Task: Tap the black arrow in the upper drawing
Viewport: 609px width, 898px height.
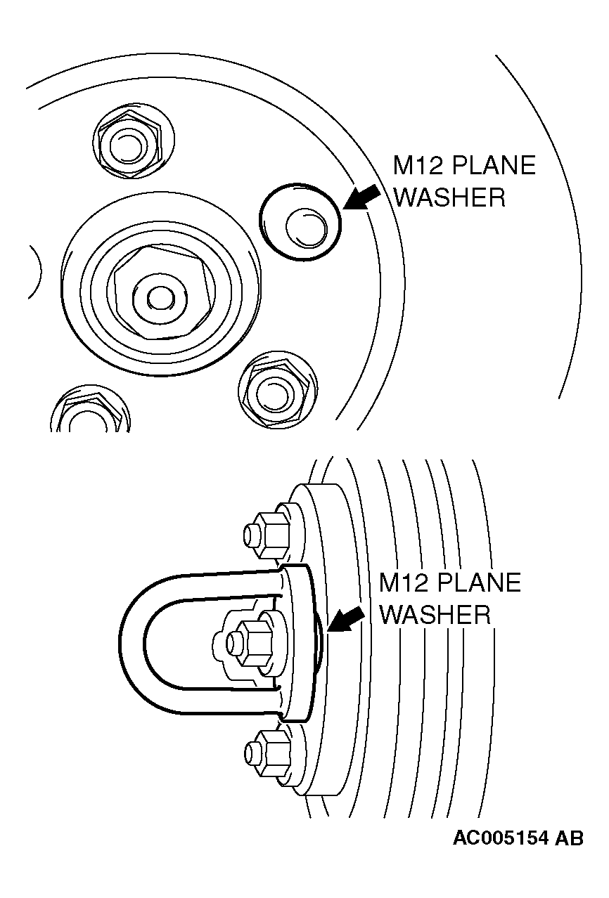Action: pos(361,197)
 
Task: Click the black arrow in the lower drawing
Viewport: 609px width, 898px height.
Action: pos(346,618)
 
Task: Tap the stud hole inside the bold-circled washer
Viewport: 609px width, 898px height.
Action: pos(307,227)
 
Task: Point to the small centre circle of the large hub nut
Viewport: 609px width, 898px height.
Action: pos(161,298)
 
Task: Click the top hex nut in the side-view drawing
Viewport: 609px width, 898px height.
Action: pos(267,535)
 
